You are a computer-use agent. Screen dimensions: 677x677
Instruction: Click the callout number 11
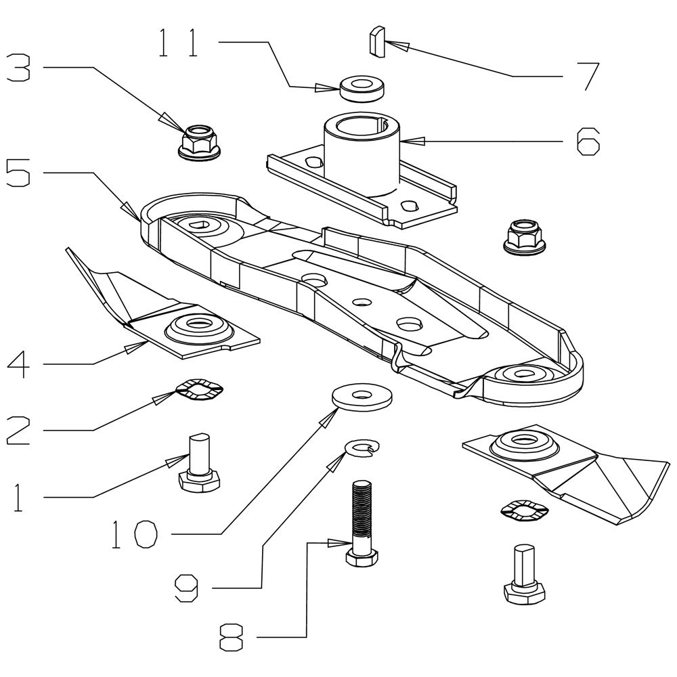178,43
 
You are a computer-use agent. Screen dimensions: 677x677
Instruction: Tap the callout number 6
588,141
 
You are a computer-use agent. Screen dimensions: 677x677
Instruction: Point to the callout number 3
18,67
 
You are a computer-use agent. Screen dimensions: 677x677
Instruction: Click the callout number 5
18,172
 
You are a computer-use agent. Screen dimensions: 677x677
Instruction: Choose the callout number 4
18,364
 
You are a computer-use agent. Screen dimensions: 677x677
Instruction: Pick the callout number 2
18,430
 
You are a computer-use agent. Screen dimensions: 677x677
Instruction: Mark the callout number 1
18,498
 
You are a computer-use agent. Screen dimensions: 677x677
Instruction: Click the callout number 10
135,534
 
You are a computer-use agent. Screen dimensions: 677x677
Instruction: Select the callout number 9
186,588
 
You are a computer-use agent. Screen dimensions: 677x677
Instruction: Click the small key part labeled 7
377,41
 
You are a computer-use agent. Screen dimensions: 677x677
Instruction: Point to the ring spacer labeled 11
362,89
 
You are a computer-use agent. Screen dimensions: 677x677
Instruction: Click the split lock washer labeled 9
363,447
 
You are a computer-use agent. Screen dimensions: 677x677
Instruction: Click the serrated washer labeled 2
200,390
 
